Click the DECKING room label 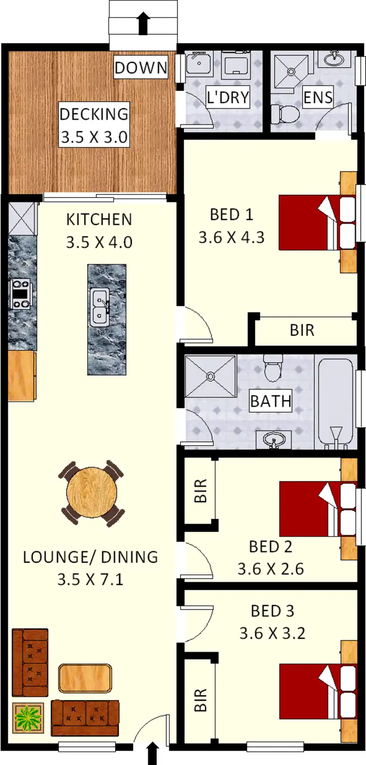click(94, 114)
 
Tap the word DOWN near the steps click(141, 68)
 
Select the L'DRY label click(227, 97)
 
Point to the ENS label click(318, 97)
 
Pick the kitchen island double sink click(100, 306)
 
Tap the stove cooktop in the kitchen click(20, 294)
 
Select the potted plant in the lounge click(28, 717)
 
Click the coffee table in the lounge click(85, 678)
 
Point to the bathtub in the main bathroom click(336, 402)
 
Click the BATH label click(270, 401)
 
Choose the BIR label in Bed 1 click(302, 330)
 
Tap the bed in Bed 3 click(317, 691)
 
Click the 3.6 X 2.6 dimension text click(270, 569)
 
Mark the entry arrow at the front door click(152, 753)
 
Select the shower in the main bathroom click(210, 376)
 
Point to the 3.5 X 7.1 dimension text click(90, 579)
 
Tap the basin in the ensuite click(334, 59)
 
